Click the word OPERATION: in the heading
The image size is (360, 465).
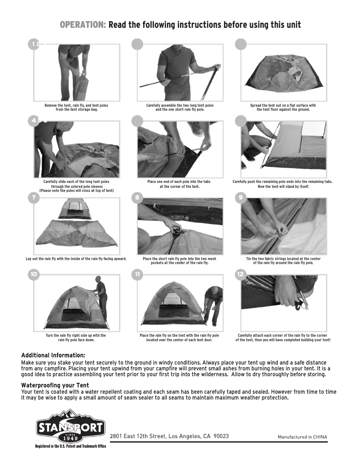click(83, 25)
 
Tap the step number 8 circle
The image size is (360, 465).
click(137, 198)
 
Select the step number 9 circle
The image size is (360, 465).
click(241, 198)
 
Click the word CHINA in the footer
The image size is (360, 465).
click(320, 437)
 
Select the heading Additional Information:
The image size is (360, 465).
click(53, 355)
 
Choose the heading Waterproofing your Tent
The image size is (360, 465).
click(55, 385)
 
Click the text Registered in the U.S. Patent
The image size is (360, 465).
click(70, 446)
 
